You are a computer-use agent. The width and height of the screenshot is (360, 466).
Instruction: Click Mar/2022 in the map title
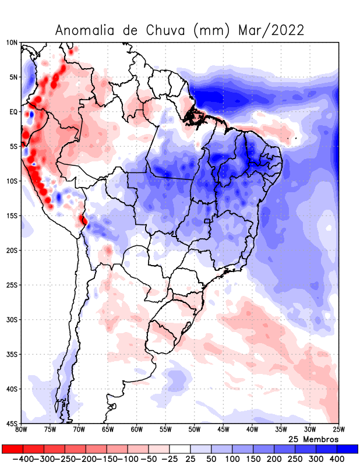(x=271, y=30)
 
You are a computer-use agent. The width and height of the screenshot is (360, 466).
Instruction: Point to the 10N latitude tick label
(x=12, y=43)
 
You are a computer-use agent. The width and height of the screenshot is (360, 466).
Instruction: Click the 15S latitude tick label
(x=12, y=216)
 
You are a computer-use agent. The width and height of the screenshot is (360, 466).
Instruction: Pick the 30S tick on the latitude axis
(x=12, y=319)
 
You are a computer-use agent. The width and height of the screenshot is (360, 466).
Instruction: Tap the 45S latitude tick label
(x=12, y=423)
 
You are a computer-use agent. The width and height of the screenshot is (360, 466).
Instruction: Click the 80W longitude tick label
(x=22, y=430)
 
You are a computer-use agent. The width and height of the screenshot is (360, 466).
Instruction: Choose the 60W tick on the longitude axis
(x=137, y=430)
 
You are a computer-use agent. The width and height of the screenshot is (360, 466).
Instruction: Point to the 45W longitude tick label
(x=223, y=430)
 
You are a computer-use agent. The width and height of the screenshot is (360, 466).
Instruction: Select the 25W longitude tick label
(x=338, y=430)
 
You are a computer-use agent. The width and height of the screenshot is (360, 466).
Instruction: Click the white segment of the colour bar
(x=180, y=449)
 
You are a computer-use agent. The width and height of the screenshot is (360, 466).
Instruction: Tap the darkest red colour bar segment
(x=12, y=449)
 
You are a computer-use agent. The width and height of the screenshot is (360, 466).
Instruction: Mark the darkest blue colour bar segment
(x=348, y=449)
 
